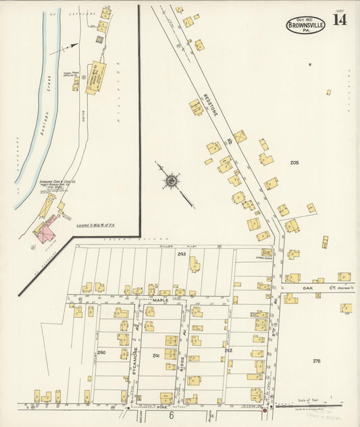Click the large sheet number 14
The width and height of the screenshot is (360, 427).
339,20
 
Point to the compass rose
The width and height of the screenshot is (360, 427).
172,180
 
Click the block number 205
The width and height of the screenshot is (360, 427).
294,163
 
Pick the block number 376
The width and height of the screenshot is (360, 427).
316,361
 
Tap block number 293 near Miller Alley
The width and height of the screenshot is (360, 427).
181,254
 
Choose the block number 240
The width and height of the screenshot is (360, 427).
101,353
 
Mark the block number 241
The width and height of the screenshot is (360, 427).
155,355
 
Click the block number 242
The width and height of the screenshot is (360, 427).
228,351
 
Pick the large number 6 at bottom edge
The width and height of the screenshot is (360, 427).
172,416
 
